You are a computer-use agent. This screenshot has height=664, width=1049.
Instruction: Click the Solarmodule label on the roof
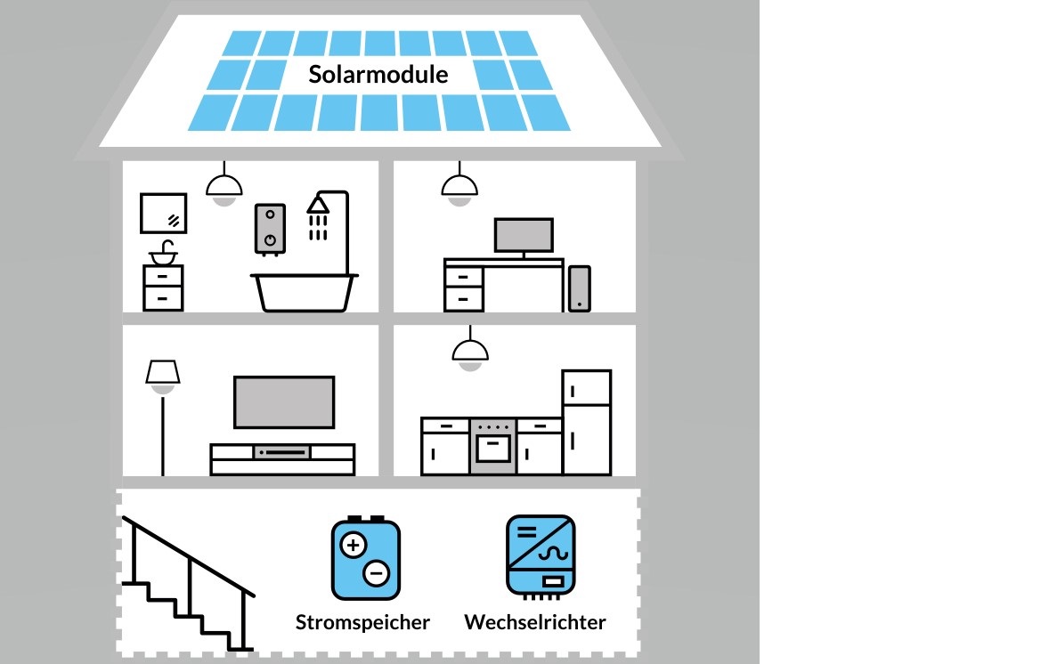(378, 75)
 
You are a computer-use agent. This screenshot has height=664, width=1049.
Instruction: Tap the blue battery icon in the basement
(365, 560)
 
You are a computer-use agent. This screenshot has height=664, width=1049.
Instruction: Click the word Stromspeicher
(362, 622)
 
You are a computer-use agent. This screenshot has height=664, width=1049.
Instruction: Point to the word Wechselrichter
(534, 622)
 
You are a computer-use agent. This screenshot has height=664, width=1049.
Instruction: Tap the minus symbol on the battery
(377, 574)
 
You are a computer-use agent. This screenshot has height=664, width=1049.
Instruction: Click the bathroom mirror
(164, 214)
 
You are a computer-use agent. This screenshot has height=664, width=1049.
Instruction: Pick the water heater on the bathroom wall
(269, 229)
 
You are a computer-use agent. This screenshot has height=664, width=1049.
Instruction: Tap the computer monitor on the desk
(524, 236)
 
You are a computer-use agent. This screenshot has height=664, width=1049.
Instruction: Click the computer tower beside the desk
(579, 288)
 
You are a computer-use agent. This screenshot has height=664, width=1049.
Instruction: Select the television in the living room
(284, 402)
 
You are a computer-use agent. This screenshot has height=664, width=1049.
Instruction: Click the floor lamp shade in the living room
(163, 372)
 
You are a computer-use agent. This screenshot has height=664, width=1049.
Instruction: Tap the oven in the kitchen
(492, 446)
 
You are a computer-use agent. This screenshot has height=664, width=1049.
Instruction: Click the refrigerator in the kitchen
(586, 423)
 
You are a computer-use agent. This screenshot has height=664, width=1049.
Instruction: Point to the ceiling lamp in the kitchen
(469, 352)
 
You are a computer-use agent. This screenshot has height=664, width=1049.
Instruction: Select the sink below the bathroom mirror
(163, 256)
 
